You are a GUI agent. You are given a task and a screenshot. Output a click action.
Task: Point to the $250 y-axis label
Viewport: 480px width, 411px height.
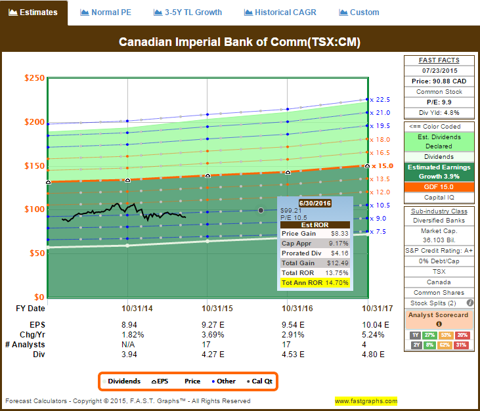tap(34, 78)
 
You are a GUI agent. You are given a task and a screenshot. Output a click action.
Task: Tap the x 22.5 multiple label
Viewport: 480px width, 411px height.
tap(380, 100)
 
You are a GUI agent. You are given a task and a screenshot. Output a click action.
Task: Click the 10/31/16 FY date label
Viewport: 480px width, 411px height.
tap(288, 308)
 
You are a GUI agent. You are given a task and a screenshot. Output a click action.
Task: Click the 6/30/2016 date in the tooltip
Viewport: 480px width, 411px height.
tap(316, 204)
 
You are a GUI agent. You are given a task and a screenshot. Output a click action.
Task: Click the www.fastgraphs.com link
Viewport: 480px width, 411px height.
tap(366, 401)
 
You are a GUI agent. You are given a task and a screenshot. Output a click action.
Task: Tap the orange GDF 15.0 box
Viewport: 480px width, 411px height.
tap(439, 186)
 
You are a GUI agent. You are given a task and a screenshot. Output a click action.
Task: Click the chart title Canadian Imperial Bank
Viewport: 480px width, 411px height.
tap(240, 42)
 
